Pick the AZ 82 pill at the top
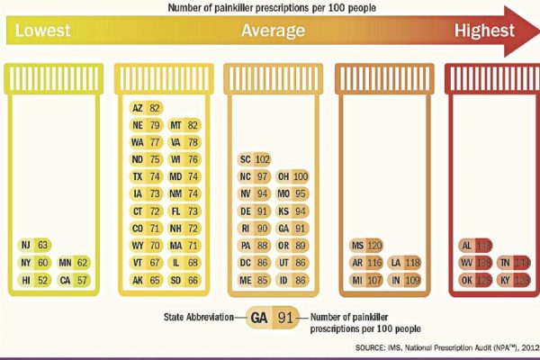pos(146,107)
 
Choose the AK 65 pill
pos(146,279)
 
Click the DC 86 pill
pos(255,262)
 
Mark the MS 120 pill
pos(366,244)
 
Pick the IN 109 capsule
pos(406,279)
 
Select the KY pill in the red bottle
pos(516,279)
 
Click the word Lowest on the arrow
pos(42,31)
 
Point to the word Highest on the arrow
pos(484,31)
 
